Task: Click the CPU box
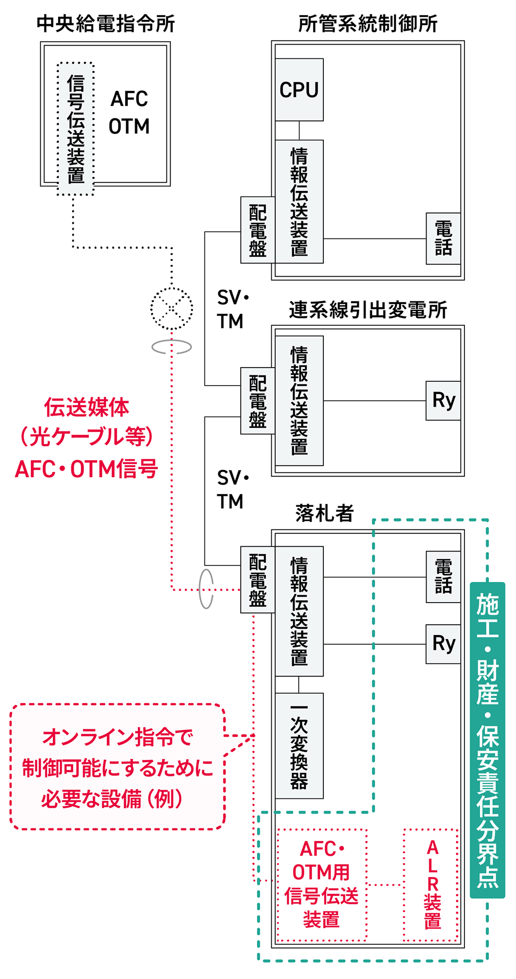pos(299,90)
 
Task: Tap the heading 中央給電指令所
pos(106,24)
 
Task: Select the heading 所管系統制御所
pos(368,24)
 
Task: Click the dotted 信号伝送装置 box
pos(76,129)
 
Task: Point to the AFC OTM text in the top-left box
pos(129,113)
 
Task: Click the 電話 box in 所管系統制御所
pos(443,238)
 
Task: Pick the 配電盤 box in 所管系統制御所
pos(258,230)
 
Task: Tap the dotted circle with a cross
pos(172,309)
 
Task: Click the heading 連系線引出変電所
pos(368,310)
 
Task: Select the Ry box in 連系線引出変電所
pos(443,400)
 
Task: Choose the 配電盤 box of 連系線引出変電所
pos(258,401)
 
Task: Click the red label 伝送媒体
pos(86,407)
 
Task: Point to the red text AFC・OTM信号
pos(86,469)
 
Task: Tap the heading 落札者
pos(324,513)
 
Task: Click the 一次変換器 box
pos(299,746)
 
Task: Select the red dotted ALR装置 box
pos(431,885)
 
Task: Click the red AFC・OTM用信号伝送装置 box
pos(321,885)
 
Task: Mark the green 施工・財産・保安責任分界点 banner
pos(487,740)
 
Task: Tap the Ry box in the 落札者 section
pos(443,644)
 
